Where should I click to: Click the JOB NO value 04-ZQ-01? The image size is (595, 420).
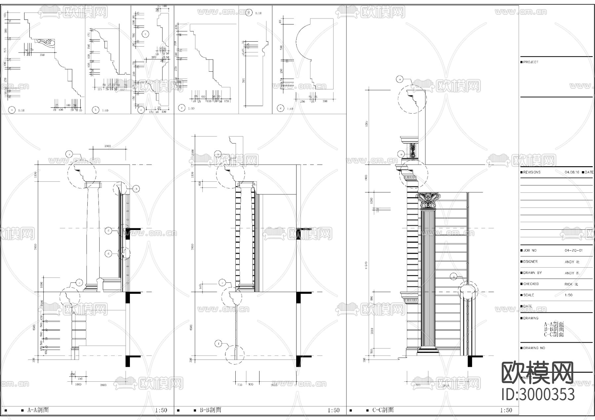click(574, 250)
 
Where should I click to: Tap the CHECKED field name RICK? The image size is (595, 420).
click(568, 284)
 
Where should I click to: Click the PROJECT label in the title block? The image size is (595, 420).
click(531, 62)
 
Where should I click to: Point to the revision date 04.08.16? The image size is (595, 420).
click(572, 172)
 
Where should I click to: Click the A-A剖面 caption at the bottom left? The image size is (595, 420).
click(38, 410)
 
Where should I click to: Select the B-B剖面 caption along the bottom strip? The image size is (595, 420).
click(210, 410)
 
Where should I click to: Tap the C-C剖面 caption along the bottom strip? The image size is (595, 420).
click(383, 410)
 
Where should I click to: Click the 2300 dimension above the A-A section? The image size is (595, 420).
click(107, 146)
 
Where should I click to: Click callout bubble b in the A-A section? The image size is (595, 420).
click(136, 189)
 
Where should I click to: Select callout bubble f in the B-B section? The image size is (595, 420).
click(218, 344)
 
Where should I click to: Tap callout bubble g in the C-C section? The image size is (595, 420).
click(454, 276)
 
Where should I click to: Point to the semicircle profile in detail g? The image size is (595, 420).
click(302, 43)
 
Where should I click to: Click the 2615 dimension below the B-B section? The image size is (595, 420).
click(274, 385)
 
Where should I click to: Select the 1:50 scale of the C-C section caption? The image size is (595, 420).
click(506, 410)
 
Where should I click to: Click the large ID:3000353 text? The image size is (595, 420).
click(538, 395)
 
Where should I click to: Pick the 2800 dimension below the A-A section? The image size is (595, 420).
click(103, 385)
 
